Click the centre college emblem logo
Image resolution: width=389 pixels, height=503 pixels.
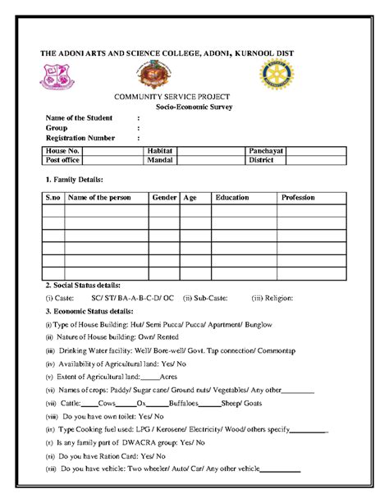153,76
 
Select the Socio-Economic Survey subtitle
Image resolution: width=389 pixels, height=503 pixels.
194,107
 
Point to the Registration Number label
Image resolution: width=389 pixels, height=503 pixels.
80,138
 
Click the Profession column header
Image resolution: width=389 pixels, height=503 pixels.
298,198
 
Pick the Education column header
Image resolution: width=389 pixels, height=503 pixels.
232,198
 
